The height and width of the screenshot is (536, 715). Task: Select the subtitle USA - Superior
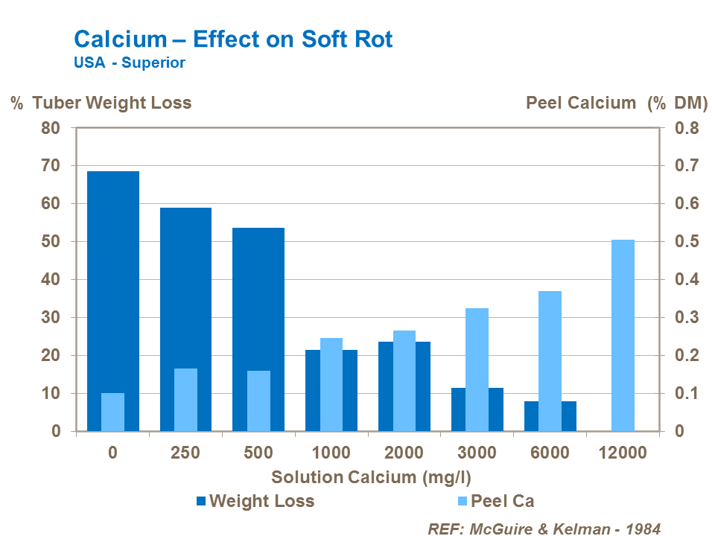click(x=129, y=63)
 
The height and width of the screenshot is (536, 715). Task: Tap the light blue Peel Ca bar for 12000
click(x=623, y=335)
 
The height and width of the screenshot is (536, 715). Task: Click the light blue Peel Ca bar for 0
click(x=112, y=412)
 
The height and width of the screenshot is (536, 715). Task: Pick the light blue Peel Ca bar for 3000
click(x=477, y=369)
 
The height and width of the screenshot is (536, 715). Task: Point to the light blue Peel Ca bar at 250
click(x=185, y=400)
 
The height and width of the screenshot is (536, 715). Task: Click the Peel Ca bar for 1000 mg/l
click(x=331, y=384)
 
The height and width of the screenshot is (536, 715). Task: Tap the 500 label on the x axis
click(x=258, y=453)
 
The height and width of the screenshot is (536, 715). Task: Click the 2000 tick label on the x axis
click(x=404, y=453)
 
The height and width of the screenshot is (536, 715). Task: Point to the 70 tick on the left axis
click(x=50, y=165)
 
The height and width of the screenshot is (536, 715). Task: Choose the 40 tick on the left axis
click(x=50, y=279)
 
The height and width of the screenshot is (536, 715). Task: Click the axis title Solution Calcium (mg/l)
click(x=371, y=477)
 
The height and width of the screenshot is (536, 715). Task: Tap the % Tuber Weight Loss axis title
click(x=101, y=103)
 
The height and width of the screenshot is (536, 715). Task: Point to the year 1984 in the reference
click(x=643, y=528)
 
